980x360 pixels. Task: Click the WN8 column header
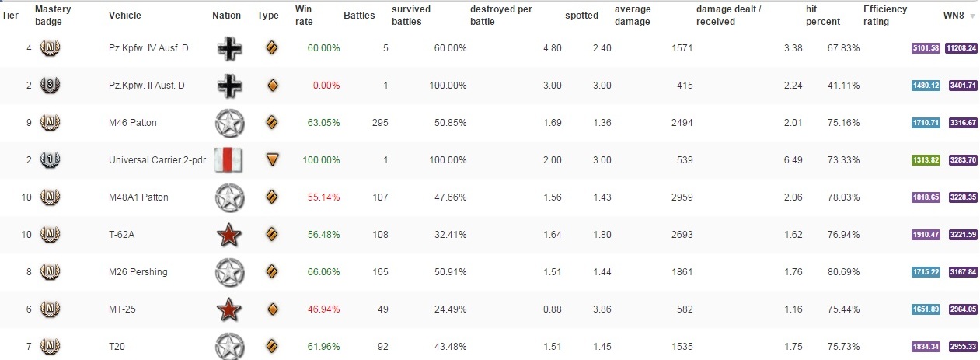pyautogui.click(x=953, y=16)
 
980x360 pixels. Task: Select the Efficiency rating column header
pyautogui.click(x=884, y=16)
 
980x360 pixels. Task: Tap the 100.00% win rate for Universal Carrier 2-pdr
pyautogui.click(x=322, y=160)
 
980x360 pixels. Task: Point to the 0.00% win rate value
pyautogui.click(x=326, y=86)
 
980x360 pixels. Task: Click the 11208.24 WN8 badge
pyautogui.click(x=963, y=48)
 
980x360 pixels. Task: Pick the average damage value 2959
pyautogui.click(x=682, y=197)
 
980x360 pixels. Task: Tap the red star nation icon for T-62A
pyautogui.click(x=228, y=234)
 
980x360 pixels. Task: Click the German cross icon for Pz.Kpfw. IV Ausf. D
pyautogui.click(x=228, y=48)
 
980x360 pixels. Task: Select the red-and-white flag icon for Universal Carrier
pyautogui.click(x=228, y=160)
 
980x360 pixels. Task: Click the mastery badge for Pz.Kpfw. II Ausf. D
pyautogui.click(x=50, y=86)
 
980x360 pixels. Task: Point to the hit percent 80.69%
pyautogui.click(x=844, y=272)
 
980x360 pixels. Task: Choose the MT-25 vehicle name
pyautogui.click(x=124, y=309)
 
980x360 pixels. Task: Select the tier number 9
pyautogui.click(x=29, y=123)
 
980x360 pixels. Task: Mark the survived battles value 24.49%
pyautogui.click(x=450, y=309)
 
